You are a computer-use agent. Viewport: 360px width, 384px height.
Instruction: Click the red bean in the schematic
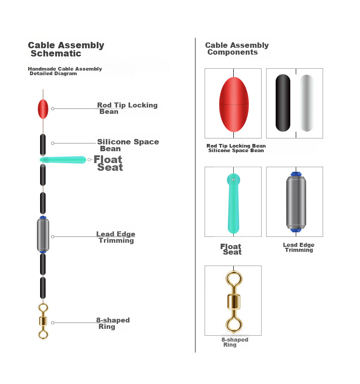[43, 109]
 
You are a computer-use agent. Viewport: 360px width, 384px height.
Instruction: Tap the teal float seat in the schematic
[63, 160]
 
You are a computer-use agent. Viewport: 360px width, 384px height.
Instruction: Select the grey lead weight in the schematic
[43, 235]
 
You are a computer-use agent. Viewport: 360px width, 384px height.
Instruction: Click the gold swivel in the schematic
[43, 321]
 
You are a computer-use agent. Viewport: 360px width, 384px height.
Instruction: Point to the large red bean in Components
[234, 105]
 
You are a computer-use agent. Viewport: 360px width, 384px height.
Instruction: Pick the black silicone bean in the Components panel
[283, 103]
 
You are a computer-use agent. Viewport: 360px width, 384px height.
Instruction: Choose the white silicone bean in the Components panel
[307, 103]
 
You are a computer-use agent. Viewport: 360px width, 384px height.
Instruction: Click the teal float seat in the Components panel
[233, 204]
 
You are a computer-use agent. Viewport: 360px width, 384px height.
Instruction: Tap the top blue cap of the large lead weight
[296, 174]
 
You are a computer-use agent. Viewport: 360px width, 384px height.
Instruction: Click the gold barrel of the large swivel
[234, 302]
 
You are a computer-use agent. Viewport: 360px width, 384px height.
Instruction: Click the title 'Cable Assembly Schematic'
[66, 49]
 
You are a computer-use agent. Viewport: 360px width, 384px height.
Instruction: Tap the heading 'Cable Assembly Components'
[237, 48]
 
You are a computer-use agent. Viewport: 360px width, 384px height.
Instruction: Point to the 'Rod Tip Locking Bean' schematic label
[127, 108]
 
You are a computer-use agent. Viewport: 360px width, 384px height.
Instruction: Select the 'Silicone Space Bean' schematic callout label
[128, 145]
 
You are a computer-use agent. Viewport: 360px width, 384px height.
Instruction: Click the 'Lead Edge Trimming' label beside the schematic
[116, 237]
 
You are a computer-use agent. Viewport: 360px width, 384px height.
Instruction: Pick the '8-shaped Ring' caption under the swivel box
[235, 342]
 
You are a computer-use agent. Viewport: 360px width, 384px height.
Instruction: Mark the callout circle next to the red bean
[53, 108]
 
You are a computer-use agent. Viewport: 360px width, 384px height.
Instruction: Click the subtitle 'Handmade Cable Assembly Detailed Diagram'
[65, 71]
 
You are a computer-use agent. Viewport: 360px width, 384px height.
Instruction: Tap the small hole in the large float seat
[234, 180]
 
